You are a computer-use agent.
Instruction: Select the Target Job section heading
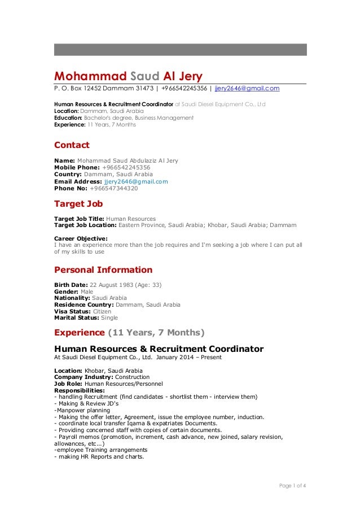tap(78, 203)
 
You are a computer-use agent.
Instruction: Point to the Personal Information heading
tap(103, 269)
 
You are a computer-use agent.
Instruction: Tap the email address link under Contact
tap(133, 181)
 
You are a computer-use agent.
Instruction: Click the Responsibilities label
tap(79, 390)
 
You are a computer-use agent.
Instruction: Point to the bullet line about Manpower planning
tap(80, 411)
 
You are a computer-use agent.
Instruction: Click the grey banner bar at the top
tap(180, 50)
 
